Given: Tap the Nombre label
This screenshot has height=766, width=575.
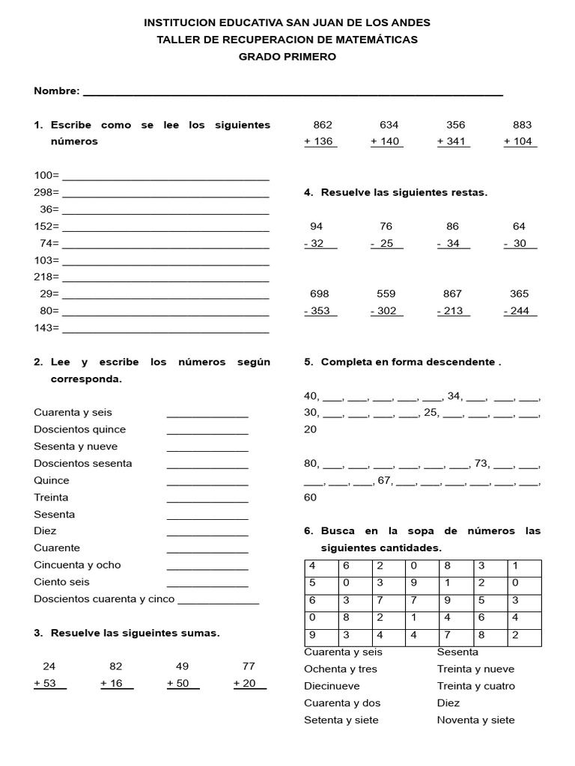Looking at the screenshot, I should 56,91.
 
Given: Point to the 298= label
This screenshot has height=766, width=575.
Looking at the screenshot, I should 46,192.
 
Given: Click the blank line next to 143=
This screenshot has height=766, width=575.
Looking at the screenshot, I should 165,329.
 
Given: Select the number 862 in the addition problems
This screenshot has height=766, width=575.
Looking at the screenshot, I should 323,125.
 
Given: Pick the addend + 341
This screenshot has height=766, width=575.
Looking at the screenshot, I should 454,141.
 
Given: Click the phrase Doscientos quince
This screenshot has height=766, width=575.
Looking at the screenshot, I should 80,429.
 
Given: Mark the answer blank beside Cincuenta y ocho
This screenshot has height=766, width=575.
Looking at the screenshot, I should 207,566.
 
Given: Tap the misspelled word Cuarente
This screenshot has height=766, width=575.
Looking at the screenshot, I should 57,548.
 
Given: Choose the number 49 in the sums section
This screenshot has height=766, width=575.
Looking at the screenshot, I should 183,666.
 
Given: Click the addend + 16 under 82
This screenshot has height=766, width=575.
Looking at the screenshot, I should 116,683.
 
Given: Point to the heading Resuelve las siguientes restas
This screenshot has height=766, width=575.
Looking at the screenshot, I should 404,192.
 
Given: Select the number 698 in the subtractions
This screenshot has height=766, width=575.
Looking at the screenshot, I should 320,294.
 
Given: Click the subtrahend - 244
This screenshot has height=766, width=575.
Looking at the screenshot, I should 520,311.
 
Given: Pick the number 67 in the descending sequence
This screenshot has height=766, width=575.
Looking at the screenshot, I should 386,481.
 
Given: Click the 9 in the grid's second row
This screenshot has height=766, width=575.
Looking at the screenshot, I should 414,582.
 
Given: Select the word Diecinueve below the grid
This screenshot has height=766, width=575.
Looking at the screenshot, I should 332,686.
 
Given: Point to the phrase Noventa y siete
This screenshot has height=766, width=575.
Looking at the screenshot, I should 475,720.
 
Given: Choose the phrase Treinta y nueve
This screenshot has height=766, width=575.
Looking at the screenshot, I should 475,669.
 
